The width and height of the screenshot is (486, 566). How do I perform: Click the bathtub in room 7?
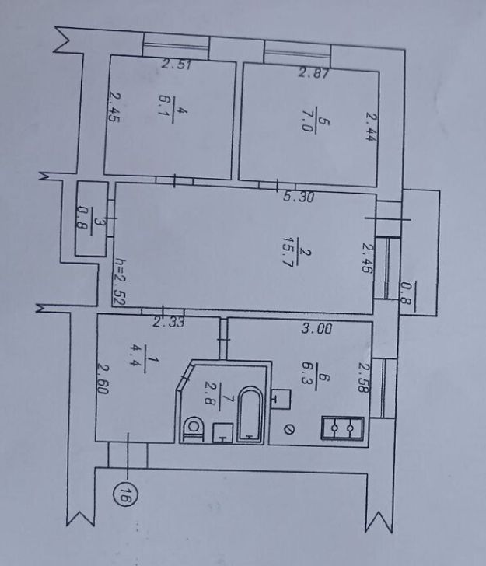(250, 414)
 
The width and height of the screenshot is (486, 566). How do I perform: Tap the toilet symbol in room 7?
(194, 429)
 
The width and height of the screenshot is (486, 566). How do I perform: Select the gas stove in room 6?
(342, 428)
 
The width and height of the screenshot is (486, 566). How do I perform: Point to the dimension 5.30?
(299, 197)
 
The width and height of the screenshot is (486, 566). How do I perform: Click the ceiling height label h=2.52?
(119, 282)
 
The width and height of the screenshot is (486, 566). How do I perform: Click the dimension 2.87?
(313, 73)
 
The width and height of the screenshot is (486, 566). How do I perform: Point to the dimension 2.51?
(176, 65)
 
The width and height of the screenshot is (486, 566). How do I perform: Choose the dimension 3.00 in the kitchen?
(316, 328)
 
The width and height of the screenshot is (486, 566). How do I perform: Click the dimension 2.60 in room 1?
(103, 379)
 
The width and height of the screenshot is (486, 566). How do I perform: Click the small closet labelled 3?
(91, 219)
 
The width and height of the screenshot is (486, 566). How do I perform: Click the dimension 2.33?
(168, 322)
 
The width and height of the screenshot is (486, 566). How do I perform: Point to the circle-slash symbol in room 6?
(288, 430)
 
